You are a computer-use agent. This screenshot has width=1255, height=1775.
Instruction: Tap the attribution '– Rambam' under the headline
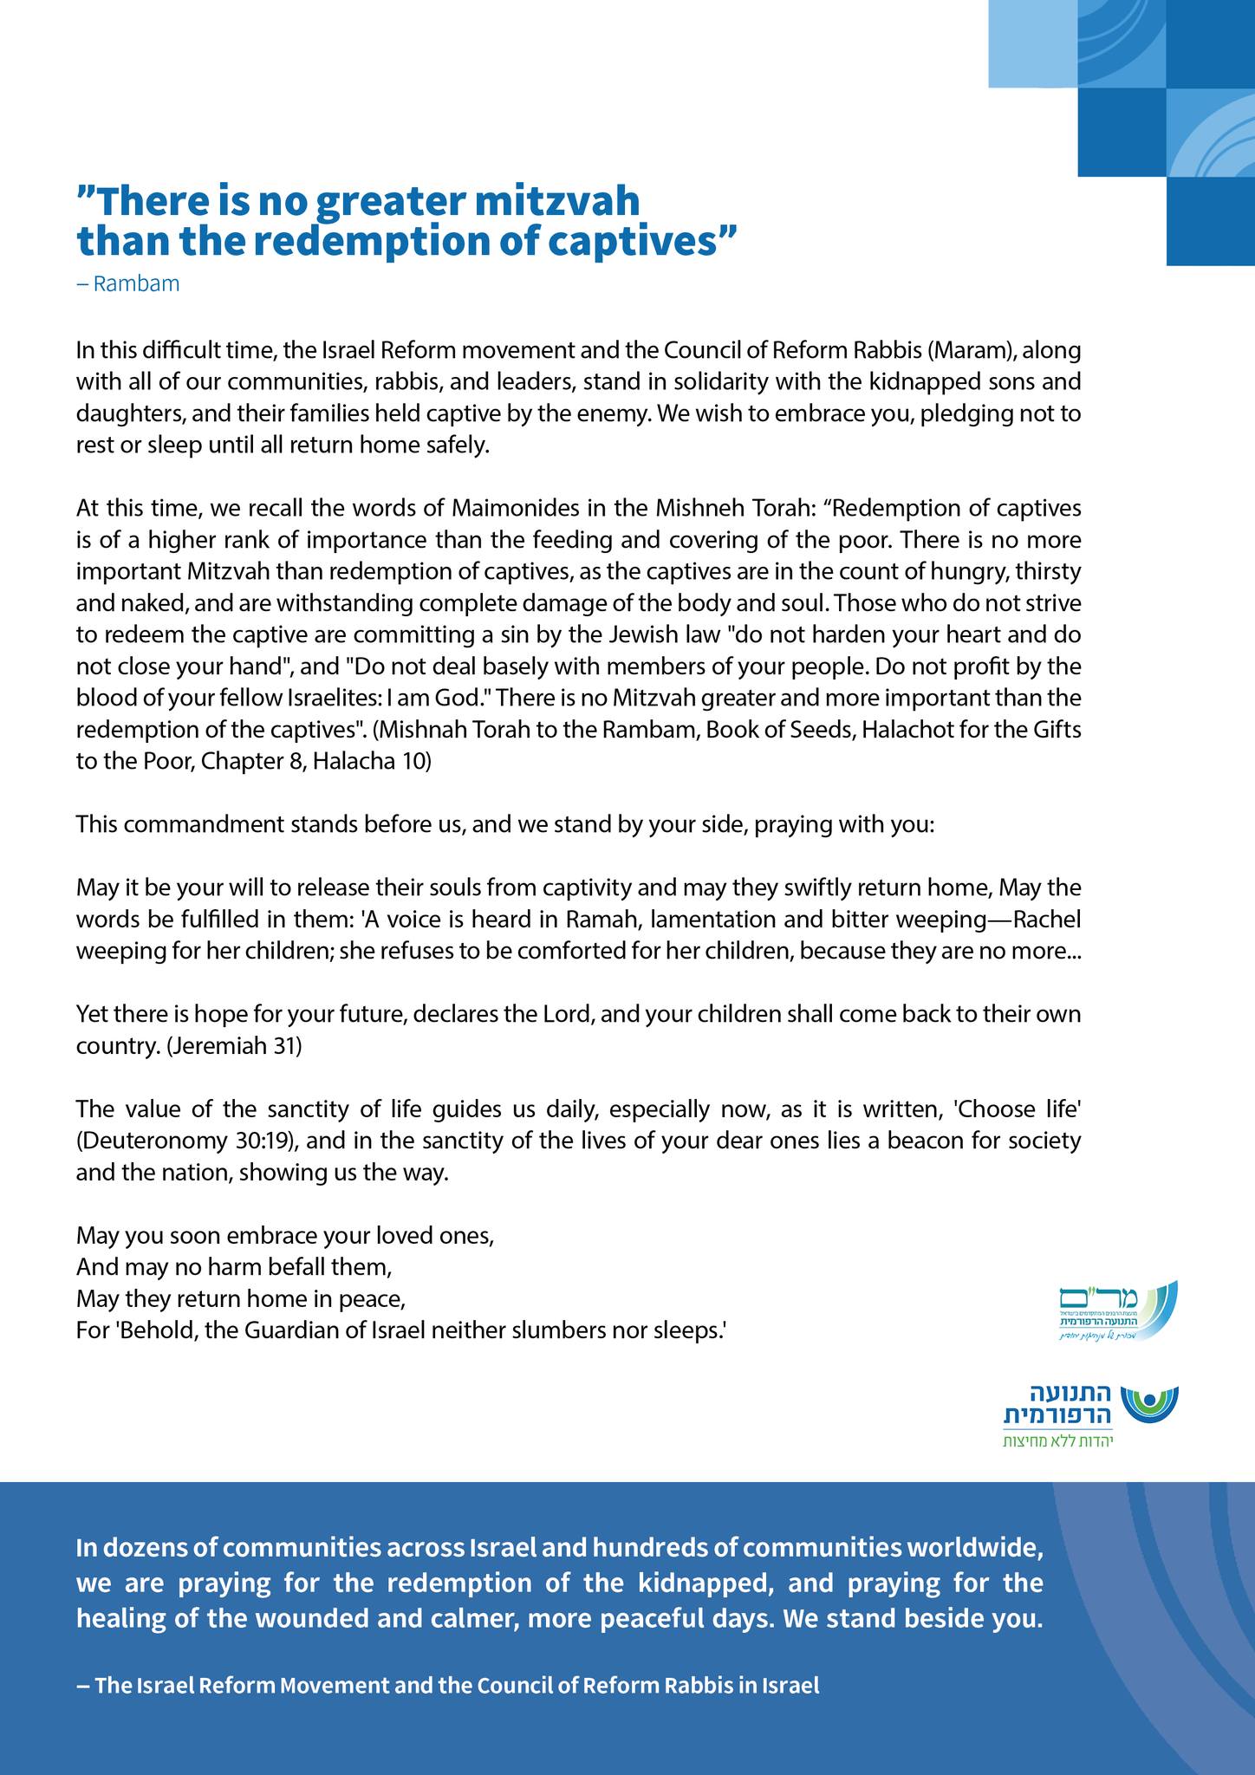(128, 283)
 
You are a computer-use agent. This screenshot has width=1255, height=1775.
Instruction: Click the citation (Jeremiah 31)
(234, 1046)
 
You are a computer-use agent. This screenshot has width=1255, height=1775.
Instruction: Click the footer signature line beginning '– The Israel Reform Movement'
(447, 1686)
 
